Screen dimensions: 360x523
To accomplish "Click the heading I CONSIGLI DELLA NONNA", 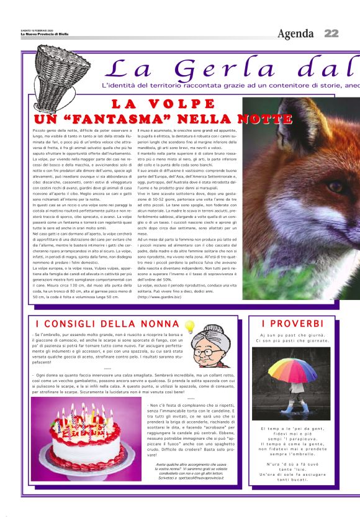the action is (107, 324).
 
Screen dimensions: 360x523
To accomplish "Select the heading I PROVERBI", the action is (292, 324).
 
